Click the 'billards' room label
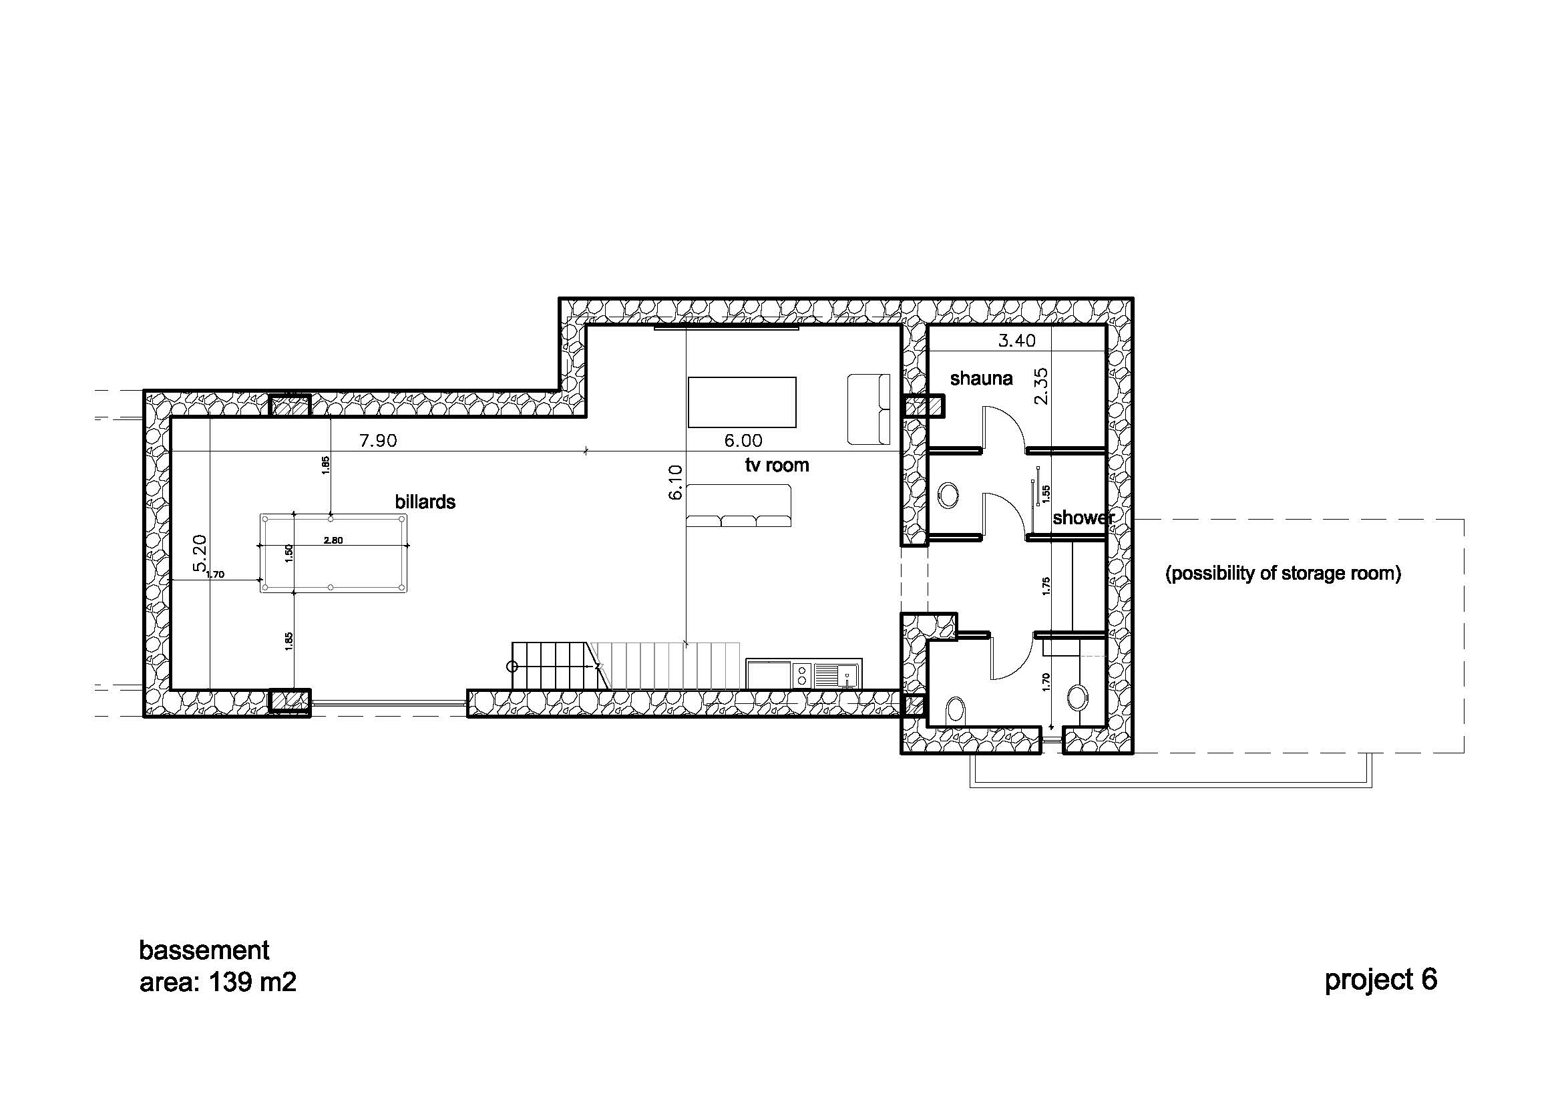[x=425, y=502]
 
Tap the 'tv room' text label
[x=777, y=466]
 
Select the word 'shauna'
[x=981, y=378]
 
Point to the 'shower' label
[x=1083, y=518]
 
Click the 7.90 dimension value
[x=378, y=441]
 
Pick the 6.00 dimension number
[x=743, y=441]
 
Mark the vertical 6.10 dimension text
[x=675, y=482]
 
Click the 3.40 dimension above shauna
[x=1016, y=341]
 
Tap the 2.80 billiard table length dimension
[x=333, y=541]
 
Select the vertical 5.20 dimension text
[x=199, y=553]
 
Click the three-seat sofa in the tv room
[x=739, y=506]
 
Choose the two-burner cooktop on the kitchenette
[x=802, y=674]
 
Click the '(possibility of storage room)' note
[x=1283, y=574]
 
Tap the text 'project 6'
[x=1381, y=980]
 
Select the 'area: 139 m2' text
[x=218, y=982]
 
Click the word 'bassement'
[x=204, y=950]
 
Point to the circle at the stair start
[x=513, y=667]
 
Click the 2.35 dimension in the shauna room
[x=1042, y=386]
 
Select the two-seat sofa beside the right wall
[x=869, y=409]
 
